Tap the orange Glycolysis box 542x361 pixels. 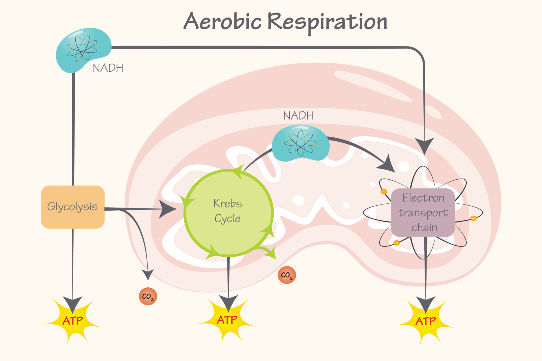pos(73,207)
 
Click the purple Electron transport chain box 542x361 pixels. pos(423,212)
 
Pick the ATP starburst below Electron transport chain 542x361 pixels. pos(425,321)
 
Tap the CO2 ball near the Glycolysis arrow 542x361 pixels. pos(148,296)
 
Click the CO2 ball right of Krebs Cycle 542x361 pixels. pos(287,275)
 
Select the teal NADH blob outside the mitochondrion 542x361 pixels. pos(82,49)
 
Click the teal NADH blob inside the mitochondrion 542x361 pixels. pos(301,143)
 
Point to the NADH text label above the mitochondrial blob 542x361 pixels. pos(298,116)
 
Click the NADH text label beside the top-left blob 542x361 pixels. pos(108,68)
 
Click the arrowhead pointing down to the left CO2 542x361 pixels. pos(148,274)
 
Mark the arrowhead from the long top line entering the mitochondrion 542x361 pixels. pos(424,145)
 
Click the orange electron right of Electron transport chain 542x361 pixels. pos(474,218)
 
